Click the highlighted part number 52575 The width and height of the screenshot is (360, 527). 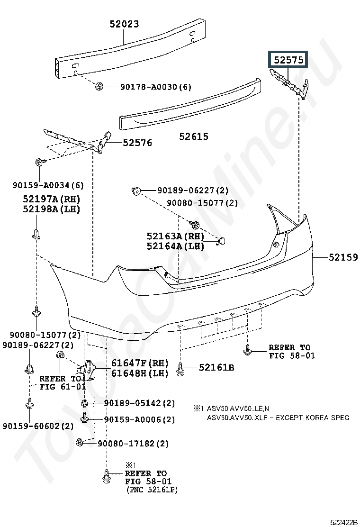point(288,60)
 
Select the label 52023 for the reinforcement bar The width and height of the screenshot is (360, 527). point(124,24)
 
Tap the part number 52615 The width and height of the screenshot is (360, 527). point(193,136)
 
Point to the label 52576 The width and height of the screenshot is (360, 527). point(137,143)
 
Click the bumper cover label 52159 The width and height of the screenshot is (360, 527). point(343,257)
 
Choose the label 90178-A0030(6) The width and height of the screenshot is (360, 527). point(156,87)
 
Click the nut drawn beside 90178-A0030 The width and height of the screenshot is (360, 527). point(99,86)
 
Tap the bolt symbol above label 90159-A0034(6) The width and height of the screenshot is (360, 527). point(39,163)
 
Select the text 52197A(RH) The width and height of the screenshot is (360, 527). point(52,199)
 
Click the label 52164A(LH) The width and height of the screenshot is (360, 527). point(175,246)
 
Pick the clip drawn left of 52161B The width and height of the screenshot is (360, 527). point(180,369)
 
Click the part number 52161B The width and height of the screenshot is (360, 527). point(216,367)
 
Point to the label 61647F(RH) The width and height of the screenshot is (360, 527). point(140,363)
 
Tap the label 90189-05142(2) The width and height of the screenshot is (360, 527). point(139,403)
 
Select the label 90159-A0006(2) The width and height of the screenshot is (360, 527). point(139,419)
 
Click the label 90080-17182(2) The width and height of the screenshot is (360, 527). point(133,444)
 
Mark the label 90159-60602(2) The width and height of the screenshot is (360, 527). point(38,426)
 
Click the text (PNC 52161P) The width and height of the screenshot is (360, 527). point(152,490)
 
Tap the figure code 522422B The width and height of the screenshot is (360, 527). point(343,522)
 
